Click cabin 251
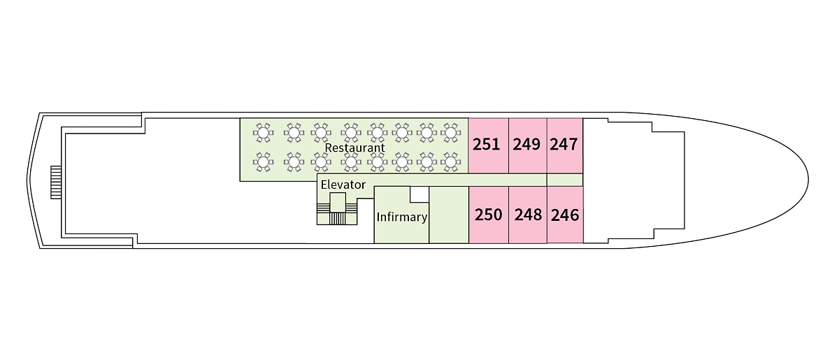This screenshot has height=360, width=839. coord(487,145)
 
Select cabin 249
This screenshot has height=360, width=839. coord(526,145)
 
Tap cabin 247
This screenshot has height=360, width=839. coord(564,145)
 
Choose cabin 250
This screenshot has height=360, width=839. coord(488,215)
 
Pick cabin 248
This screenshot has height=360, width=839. coord(528,215)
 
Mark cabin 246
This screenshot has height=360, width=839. coord(565,215)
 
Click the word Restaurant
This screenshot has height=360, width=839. coord(355,148)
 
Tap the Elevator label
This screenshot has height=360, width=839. coord(343,185)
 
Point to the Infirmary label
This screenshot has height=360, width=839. coord(401,217)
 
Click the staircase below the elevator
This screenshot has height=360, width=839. coord(338,218)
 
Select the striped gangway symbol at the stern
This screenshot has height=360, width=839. coord(56,182)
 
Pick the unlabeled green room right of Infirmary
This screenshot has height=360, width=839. coord(448,215)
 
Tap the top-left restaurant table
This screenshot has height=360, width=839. coord(263,131)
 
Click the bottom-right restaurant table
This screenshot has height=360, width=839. coord(451,162)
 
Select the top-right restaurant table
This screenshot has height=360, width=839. coord(451,131)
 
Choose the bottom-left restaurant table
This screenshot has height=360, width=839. coord(263,162)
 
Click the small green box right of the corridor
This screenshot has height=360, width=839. coord(564,180)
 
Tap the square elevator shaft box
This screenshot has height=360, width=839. coord(338,202)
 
